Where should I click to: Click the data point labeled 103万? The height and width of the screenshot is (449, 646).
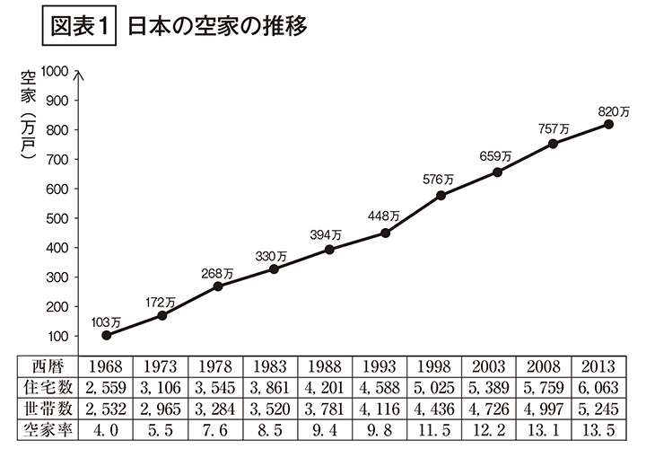107,335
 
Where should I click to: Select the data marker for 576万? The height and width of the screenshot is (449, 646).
441,195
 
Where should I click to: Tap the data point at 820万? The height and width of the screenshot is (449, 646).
608,124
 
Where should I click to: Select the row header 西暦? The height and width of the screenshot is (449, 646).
48,366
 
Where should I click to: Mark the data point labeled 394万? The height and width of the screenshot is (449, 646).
329,250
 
